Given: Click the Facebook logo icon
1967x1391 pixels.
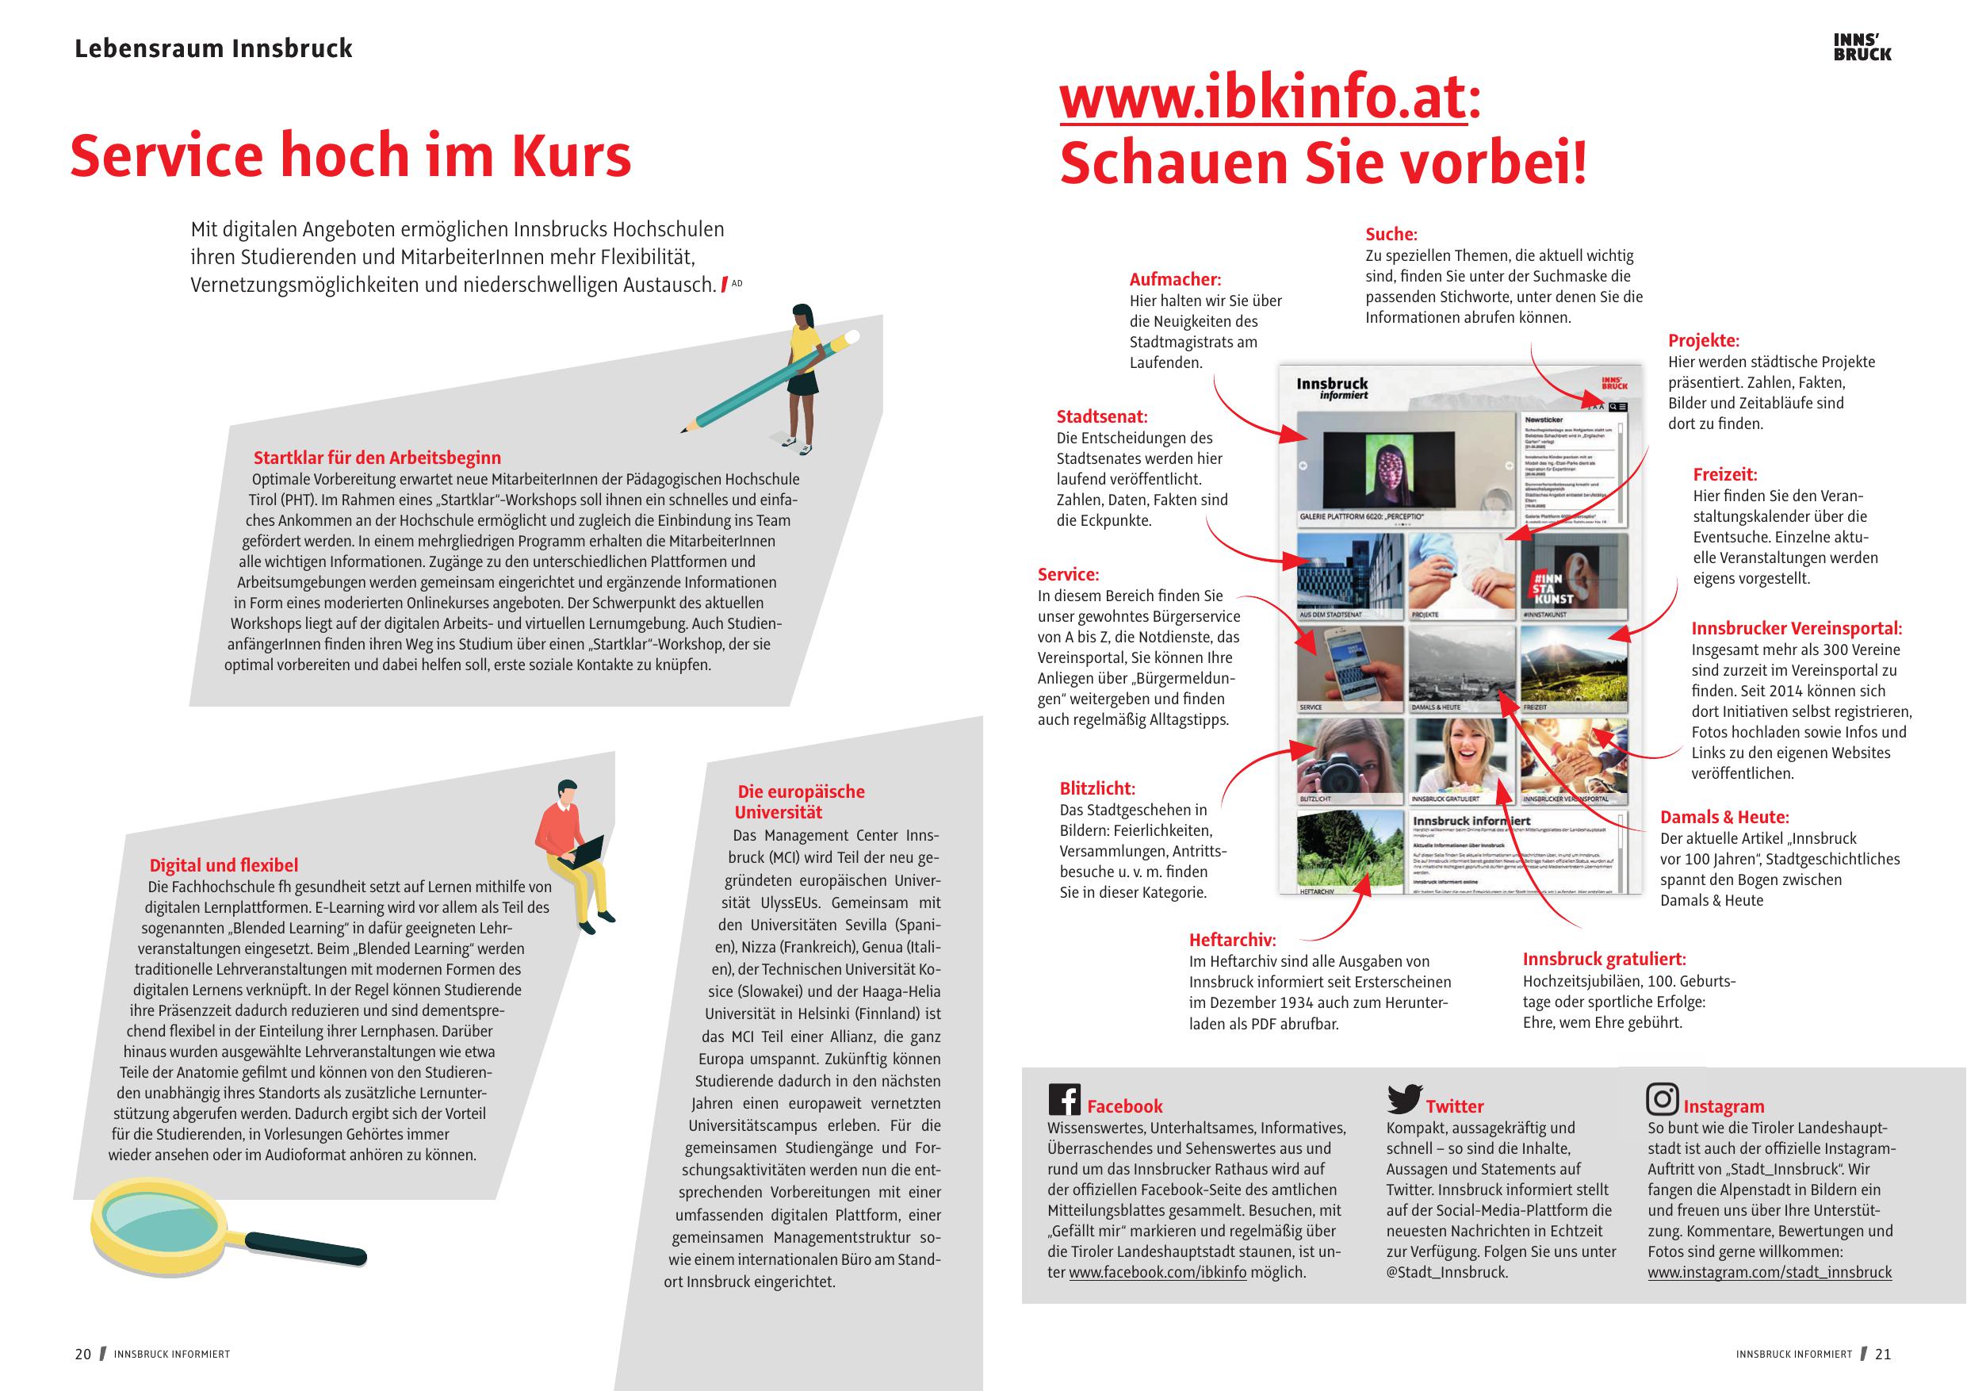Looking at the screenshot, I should pos(1064,1098).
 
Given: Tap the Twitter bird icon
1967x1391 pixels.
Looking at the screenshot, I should pos(1404,1098).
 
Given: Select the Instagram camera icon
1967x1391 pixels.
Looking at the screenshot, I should pos(1662,1098).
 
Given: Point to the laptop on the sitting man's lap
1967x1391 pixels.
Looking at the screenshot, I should pos(586,851).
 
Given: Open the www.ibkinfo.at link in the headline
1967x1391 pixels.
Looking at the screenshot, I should pos(1263,99).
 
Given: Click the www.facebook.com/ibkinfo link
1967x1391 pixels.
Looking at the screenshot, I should pos(1158,1273).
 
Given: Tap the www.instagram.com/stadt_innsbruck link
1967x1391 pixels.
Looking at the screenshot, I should pos(1769,1273).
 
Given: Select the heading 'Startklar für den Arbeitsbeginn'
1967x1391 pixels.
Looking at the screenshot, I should pos(377,458).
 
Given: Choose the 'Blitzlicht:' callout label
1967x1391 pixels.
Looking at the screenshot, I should pos(1096,788).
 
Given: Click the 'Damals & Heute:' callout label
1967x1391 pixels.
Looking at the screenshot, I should pos(1724,817).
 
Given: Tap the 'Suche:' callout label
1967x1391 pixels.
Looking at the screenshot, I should pos(1391,234).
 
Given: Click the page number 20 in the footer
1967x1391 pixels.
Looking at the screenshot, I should pos(83,1355).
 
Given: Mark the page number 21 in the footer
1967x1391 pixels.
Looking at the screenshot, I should pos(1883,1355).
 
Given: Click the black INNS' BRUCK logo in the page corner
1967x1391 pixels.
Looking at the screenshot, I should pos(1862,47).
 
